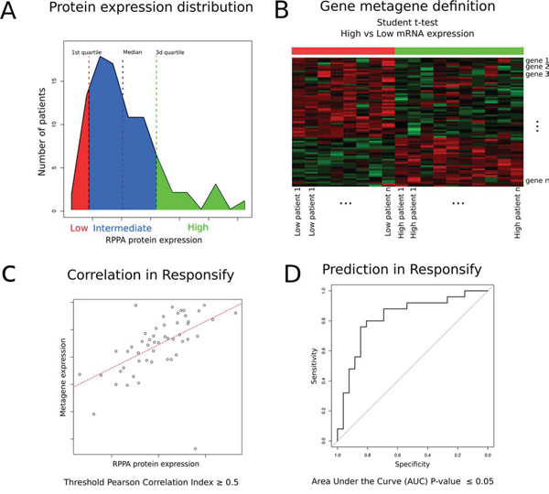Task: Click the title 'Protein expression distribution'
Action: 151,10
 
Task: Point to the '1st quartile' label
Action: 88,53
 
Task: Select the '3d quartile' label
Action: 168,53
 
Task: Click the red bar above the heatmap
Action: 343,51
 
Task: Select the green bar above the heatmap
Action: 458,51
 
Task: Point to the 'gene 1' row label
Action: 537,60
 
